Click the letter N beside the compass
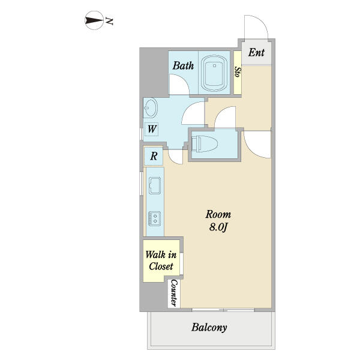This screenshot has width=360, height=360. coord(109,21)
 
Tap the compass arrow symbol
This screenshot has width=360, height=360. coord(94,20)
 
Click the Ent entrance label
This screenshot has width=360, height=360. coord(256,52)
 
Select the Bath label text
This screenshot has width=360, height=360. coord(183,65)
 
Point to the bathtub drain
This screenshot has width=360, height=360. coord(214,65)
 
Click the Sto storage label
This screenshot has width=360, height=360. coord(238,72)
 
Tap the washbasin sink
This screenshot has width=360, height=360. coord(151,108)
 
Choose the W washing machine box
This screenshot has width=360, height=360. coord(152,129)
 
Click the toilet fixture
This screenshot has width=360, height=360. coord(205,144)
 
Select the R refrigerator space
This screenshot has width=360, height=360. coord(154,156)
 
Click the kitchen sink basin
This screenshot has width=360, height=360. coord(155,186)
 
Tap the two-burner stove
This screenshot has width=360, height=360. coord(155,218)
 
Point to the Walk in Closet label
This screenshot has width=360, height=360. coord(161,260)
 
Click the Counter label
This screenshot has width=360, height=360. coord(174,293)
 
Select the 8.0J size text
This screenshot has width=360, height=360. coord(218,227)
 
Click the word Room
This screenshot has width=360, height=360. coord(218,214)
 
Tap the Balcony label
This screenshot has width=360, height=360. coord(209,328)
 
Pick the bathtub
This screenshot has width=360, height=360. coord(214,73)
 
